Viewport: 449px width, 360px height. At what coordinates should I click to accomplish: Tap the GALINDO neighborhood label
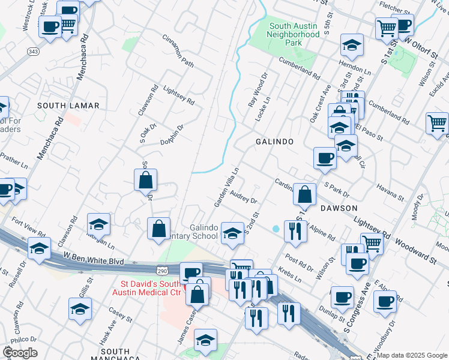[274, 142]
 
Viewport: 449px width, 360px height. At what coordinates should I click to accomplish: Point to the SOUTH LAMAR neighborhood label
[68, 106]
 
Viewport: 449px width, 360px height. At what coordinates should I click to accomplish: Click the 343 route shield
[33, 53]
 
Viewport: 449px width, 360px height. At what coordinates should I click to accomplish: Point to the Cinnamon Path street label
[178, 50]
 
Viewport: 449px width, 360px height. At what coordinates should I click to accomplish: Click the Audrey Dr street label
[243, 197]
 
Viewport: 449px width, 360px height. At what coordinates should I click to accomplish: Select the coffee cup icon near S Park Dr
[325, 157]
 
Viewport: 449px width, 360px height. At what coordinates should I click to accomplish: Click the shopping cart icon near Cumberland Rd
[437, 122]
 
